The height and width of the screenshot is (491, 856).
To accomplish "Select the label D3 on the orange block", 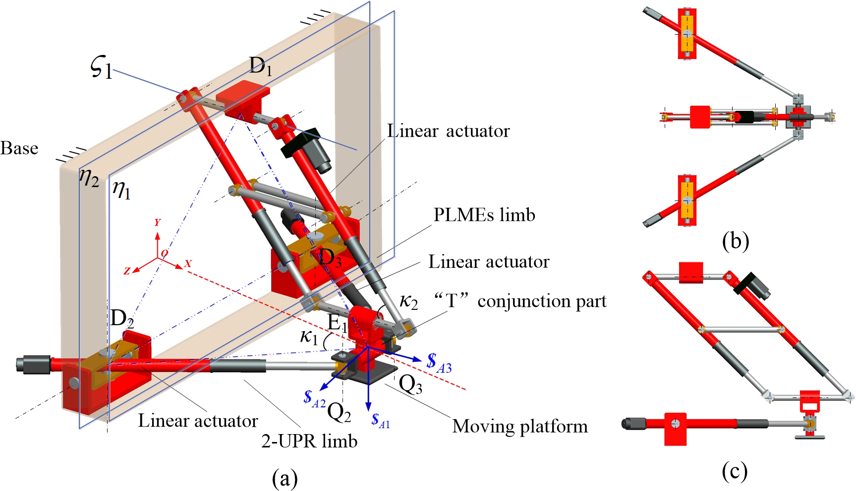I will [330, 258].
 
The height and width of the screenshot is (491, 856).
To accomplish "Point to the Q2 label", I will [340, 412].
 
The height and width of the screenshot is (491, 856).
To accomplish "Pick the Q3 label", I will [410, 385].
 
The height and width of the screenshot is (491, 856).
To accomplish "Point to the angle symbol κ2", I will [409, 301].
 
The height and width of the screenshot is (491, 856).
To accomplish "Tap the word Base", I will [19, 148].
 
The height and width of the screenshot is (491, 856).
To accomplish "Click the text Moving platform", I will [520, 426].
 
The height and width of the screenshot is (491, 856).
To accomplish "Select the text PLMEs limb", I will [484, 215].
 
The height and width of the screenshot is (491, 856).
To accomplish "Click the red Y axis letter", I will [157, 223].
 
